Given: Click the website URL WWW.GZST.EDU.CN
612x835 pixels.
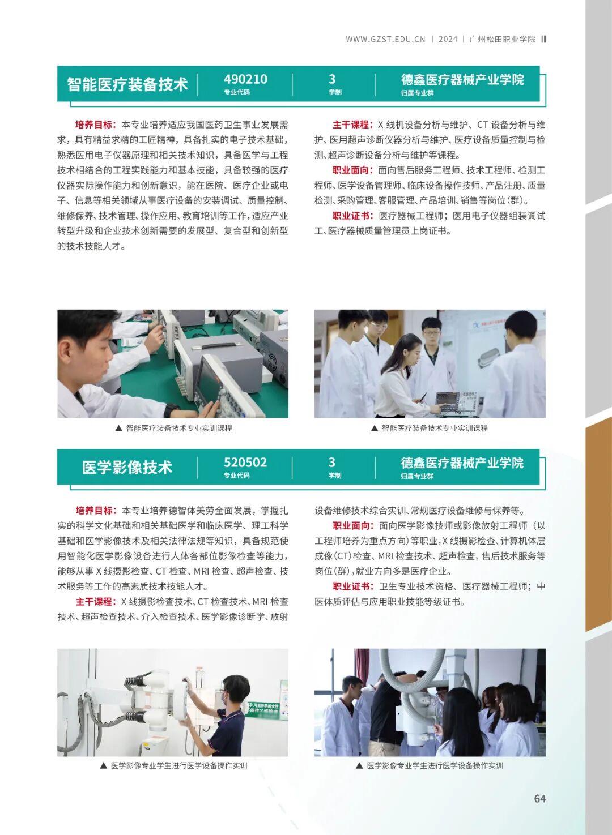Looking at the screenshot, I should [385, 39].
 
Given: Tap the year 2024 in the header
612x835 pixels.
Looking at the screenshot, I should [448, 39].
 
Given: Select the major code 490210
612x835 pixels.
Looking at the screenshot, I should [245, 79].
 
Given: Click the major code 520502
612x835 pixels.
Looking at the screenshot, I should [245, 463].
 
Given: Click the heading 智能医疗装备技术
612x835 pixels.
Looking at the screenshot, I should [127, 84].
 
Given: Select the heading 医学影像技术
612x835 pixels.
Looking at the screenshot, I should [127, 468].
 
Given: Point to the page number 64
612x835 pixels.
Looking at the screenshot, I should [539, 798].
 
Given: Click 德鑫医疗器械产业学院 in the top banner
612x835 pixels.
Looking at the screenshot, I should [462, 80].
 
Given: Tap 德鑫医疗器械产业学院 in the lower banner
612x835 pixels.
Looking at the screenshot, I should [462, 463].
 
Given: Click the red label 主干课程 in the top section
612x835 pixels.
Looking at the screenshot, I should [352, 125].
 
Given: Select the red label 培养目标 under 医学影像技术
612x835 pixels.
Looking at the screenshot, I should [95, 510].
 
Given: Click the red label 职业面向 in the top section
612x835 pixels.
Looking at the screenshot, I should [352, 170].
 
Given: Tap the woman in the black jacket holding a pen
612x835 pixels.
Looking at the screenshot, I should [403, 374].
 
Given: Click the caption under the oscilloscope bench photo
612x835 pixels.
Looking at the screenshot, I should [173, 429].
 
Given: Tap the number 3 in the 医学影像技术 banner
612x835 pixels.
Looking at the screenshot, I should [332, 463].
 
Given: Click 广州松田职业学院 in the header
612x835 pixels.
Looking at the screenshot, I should [502, 39].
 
